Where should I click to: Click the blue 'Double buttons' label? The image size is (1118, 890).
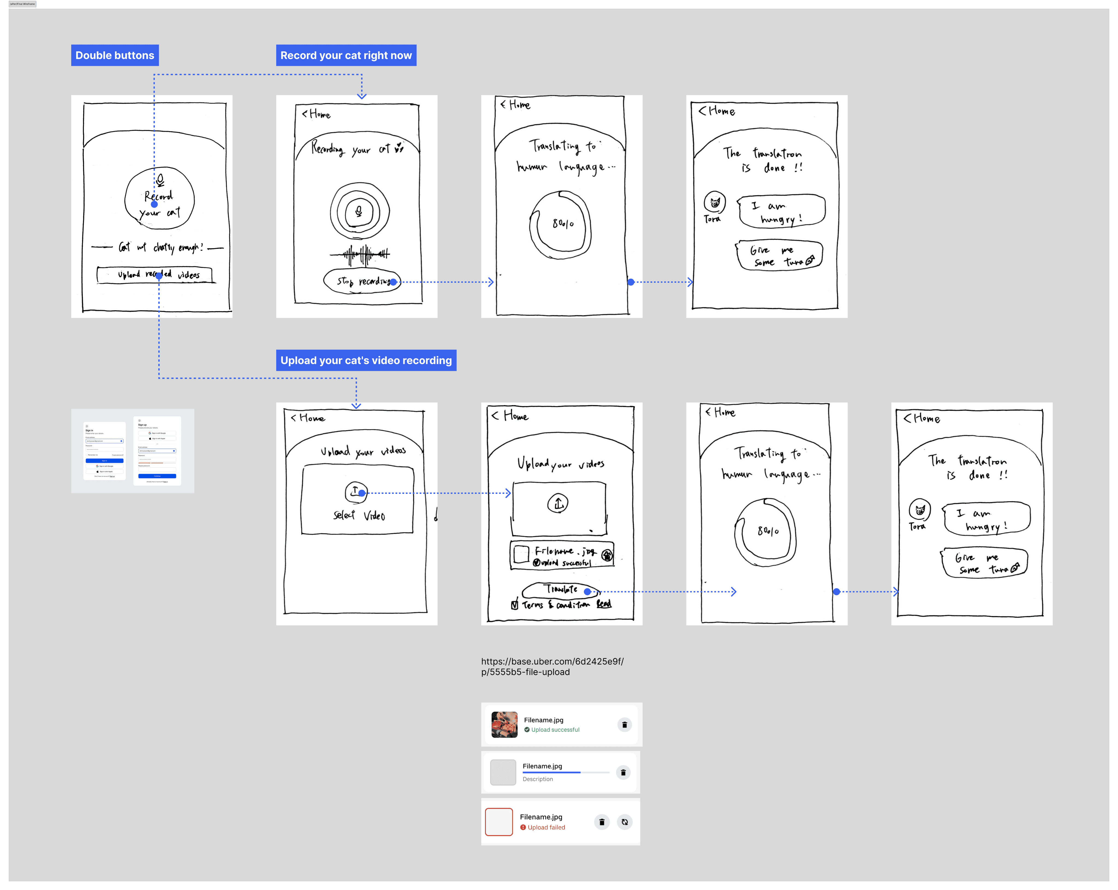pyautogui.click(x=115, y=55)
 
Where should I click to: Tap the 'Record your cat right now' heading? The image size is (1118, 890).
pyautogui.click(x=346, y=55)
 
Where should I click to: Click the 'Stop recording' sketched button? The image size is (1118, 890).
pyautogui.click(x=361, y=281)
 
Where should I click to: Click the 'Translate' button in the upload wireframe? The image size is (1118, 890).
pyautogui.click(x=561, y=590)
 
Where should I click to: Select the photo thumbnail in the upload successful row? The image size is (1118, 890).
pyautogui.click(x=504, y=724)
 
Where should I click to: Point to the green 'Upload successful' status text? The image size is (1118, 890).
pyautogui.click(x=555, y=730)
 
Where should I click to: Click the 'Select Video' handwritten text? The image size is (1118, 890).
pyautogui.click(x=359, y=515)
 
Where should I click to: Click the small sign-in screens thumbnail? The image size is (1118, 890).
pyautogui.click(x=133, y=451)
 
